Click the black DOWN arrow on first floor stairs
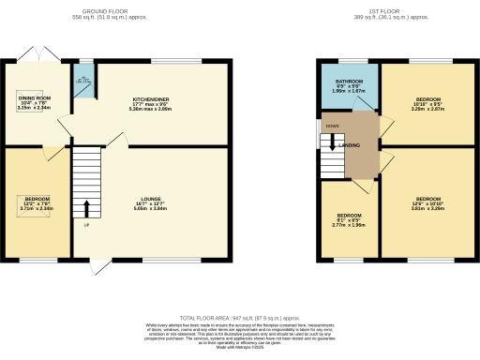(x=329, y=143)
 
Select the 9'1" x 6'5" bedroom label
(x=349, y=219)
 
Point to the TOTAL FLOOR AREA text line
(x=238, y=319)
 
